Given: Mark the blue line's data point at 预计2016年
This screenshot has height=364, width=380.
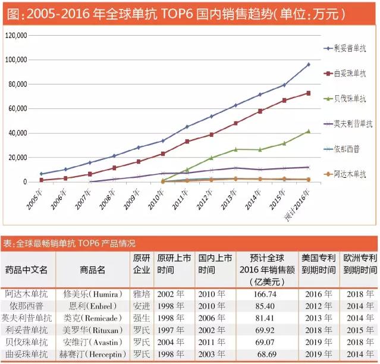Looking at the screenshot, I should (309, 64).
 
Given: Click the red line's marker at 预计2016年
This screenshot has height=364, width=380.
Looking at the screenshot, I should (309, 93).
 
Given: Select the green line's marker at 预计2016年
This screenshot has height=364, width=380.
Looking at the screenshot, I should (309, 131).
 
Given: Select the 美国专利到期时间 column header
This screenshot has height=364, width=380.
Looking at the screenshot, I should (319, 263).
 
